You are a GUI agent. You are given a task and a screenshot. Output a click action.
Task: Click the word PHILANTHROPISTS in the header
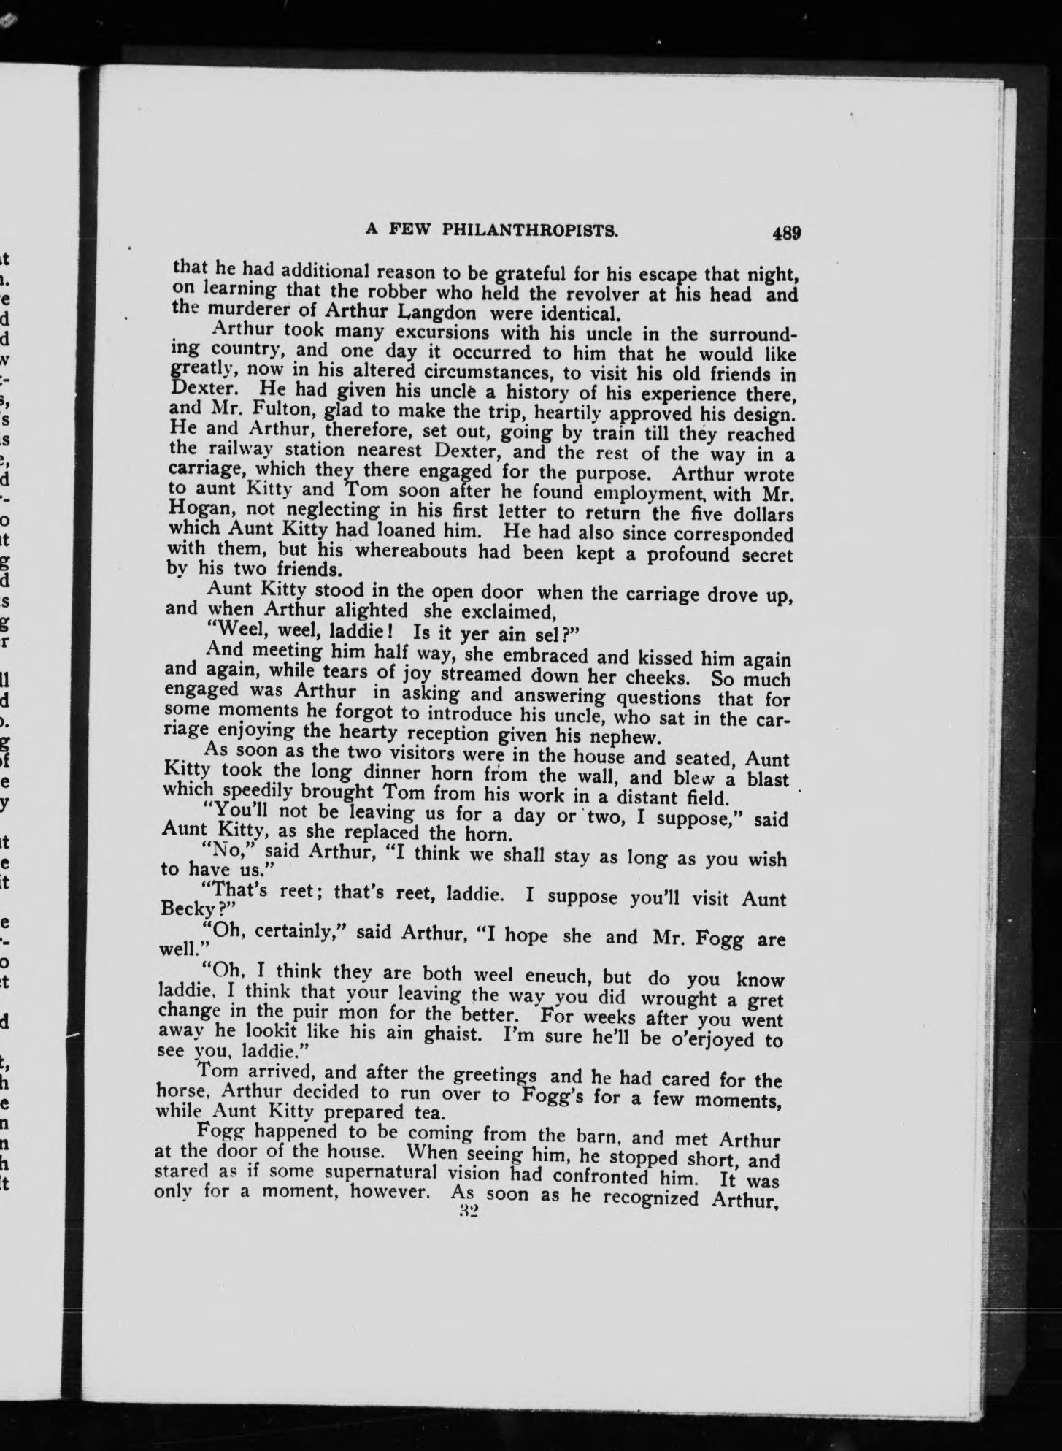click(x=530, y=231)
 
